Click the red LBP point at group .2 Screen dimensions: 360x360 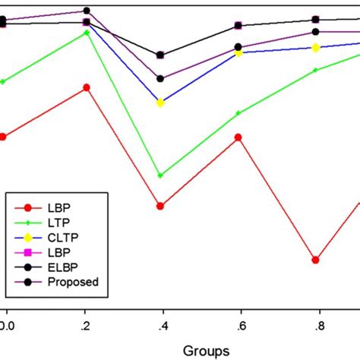[x=86, y=87]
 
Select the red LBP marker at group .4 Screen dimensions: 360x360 [x=160, y=206]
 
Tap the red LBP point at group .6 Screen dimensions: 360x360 [x=238, y=137]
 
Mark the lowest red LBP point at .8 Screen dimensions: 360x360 [x=315, y=260]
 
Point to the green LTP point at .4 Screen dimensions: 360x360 [x=160, y=175]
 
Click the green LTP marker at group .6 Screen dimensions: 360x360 [x=238, y=113]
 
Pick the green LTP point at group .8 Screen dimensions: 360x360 [x=315, y=70]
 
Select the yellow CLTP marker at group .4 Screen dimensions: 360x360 [x=160, y=103]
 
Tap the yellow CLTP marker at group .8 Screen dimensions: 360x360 [x=315, y=48]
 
